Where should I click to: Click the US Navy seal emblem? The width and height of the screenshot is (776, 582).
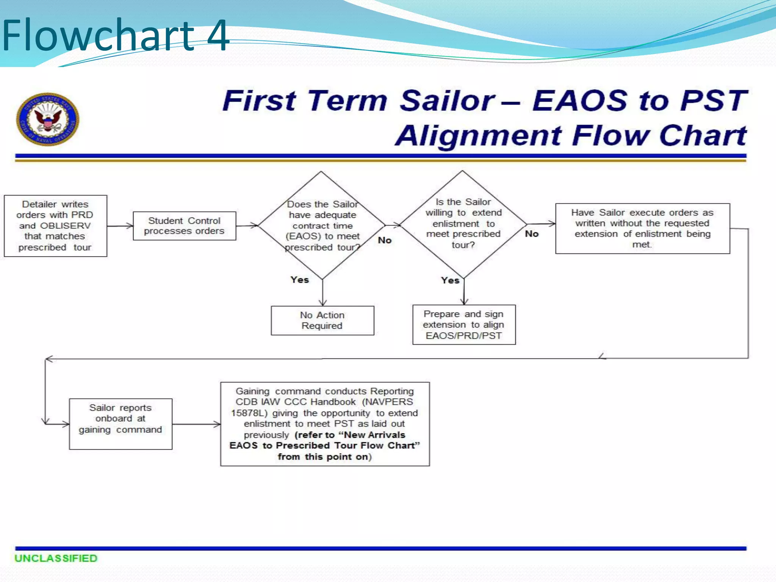click(48, 119)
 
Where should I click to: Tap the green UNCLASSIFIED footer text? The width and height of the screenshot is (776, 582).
click(56, 558)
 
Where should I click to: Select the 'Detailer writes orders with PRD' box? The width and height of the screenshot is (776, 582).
click(55, 226)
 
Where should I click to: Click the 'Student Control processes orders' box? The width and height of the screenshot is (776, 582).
click(185, 226)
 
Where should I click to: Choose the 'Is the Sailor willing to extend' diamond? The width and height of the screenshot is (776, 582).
click(463, 224)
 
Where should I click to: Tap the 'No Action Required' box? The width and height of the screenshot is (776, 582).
click(322, 321)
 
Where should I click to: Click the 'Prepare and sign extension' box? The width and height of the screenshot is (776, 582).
click(464, 325)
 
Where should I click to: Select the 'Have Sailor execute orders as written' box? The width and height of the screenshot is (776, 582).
click(642, 228)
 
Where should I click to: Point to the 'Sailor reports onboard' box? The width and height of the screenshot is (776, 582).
click(120, 424)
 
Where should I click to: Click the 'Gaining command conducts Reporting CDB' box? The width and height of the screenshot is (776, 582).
click(325, 424)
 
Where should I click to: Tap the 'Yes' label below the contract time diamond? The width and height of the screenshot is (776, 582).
click(300, 280)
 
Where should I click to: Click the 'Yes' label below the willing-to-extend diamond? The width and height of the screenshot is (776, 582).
click(450, 280)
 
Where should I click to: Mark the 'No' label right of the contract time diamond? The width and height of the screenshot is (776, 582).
click(385, 240)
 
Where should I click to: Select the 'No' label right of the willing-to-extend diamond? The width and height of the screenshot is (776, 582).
click(532, 234)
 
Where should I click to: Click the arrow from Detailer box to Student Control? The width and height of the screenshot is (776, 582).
click(120, 226)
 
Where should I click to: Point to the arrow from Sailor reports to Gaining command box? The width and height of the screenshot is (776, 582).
click(196, 424)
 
